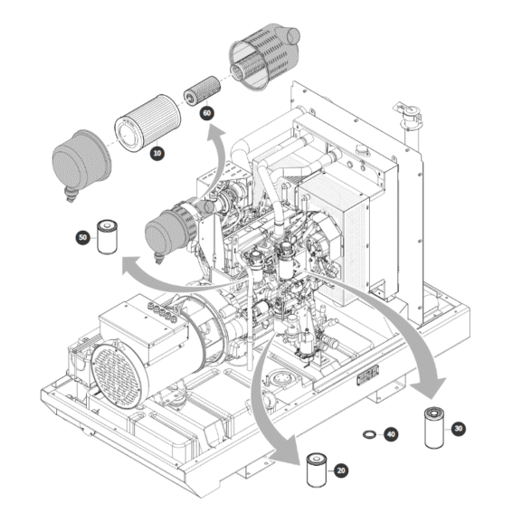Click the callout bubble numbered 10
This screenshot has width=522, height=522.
157,153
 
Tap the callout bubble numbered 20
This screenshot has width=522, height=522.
341,470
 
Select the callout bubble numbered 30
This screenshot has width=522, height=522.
458,428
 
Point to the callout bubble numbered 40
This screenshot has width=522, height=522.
391,434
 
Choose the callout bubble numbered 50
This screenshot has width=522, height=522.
83,237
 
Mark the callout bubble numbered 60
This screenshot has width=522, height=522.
207,113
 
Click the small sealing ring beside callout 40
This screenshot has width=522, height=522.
369,434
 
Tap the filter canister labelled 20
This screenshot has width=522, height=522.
317,470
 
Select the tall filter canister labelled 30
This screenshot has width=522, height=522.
434,427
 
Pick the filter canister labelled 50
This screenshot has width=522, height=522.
107,237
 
